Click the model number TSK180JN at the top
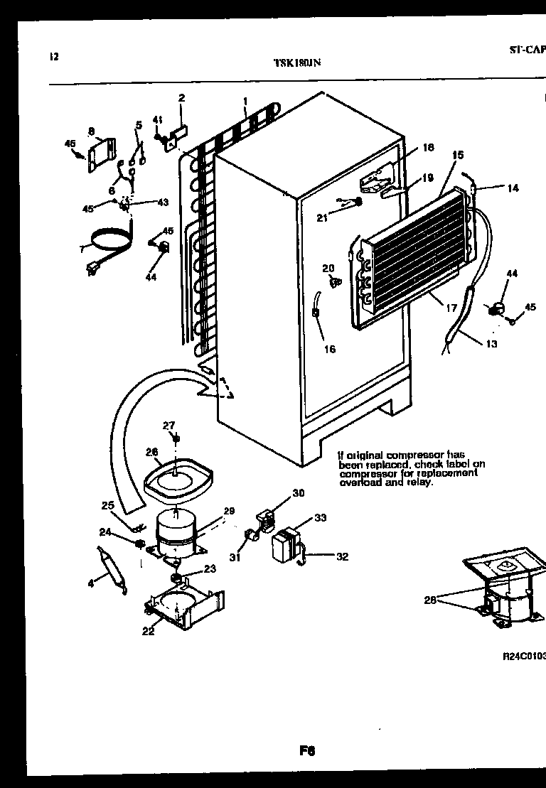coord(296,62)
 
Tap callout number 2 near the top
coord(181,97)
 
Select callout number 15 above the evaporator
coord(457,155)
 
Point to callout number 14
coord(512,188)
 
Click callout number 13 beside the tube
coord(491,344)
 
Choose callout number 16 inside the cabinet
coord(329,349)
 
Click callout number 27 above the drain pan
coord(168,426)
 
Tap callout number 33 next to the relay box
coord(320,518)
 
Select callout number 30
coord(298,493)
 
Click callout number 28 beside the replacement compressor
coord(430,599)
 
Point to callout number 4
coord(90,583)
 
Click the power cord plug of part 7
coord(91,268)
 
